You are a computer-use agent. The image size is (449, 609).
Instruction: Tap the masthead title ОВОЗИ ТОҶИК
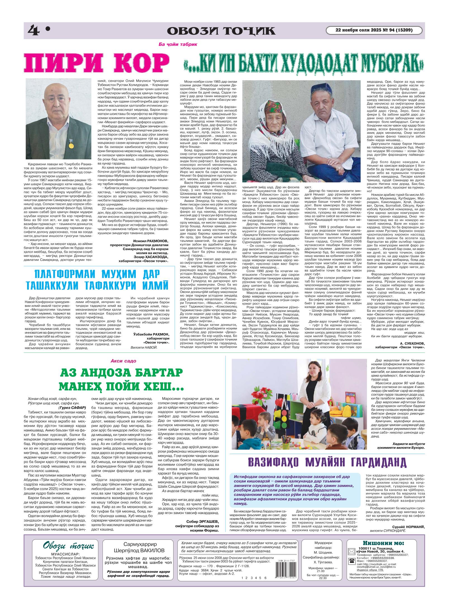[x=220, y=31]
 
